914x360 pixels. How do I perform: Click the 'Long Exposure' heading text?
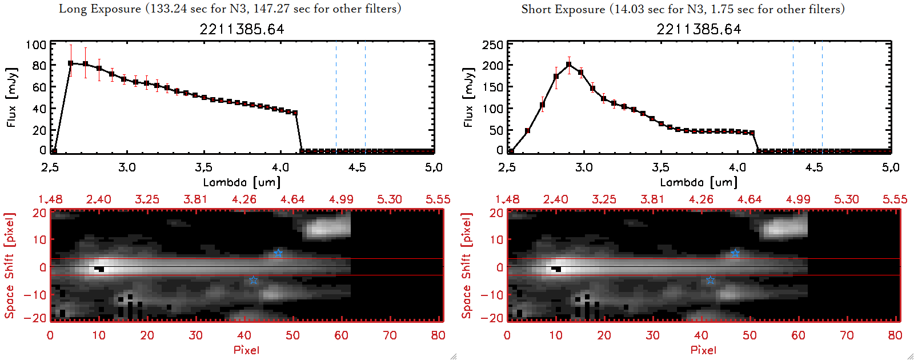pyautogui.click(x=100, y=9)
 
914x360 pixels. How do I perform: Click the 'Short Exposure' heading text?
pyautogui.click(x=563, y=9)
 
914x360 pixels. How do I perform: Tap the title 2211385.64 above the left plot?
pyautogui.click(x=242, y=29)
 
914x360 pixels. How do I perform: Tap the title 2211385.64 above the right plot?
pyautogui.click(x=699, y=29)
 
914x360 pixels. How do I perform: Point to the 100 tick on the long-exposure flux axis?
pyautogui.click(x=36, y=45)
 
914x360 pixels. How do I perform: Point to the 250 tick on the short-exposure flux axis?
pyautogui.click(x=492, y=45)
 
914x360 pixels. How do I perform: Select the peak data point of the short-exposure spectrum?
pyautogui.click(x=569, y=65)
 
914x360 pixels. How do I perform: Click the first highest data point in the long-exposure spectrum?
pyautogui.click(x=70, y=63)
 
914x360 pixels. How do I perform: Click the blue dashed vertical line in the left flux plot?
pyautogui.click(x=336, y=97)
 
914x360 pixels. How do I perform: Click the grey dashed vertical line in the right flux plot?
pyautogui.click(x=822, y=97)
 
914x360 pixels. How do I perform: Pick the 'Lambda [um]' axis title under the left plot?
pyautogui.click(x=242, y=182)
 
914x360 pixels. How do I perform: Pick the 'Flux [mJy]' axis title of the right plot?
pyautogui.click(x=468, y=97)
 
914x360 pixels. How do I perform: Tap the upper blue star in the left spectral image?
pyautogui.click(x=278, y=253)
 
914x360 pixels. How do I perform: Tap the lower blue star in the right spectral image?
pyautogui.click(x=710, y=280)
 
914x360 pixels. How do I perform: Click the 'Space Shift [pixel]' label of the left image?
pyautogui.click(x=9, y=266)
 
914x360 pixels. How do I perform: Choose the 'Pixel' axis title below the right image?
pyautogui.click(x=703, y=350)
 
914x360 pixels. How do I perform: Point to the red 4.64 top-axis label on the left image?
pyautogui.click(x=292, y=199)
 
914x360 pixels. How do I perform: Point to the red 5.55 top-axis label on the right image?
pyautogui.click(x=895, y=199)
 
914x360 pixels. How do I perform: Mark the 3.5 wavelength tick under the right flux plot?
pyautogui.click(x=660, y=167)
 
